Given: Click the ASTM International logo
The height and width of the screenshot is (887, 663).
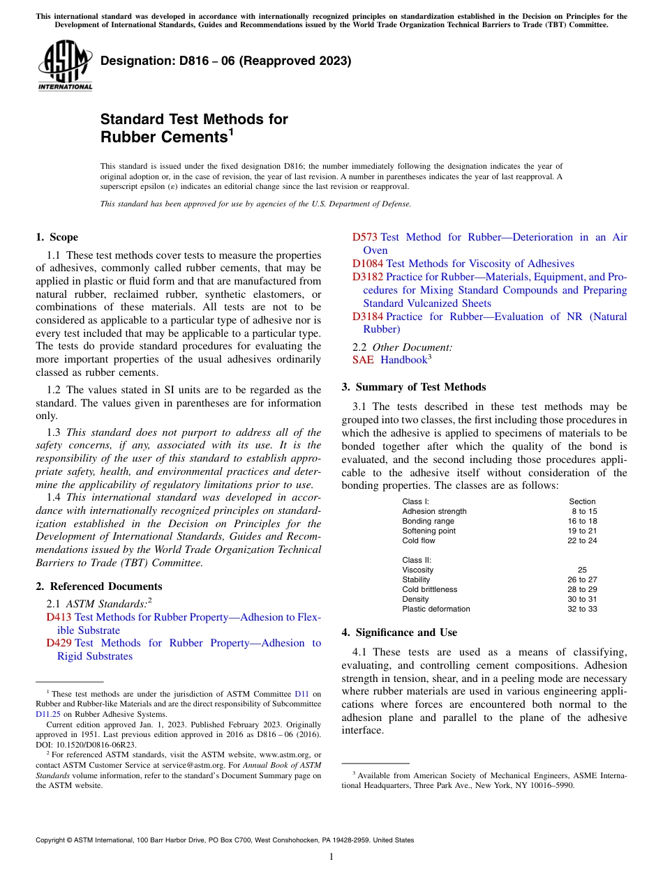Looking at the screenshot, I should tap(64, 65).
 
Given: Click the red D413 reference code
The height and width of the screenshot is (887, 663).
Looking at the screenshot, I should tap(59, 617).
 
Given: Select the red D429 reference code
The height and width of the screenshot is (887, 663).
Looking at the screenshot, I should tap(59, 643).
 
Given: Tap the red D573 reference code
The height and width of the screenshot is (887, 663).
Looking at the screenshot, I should tap(365, 237).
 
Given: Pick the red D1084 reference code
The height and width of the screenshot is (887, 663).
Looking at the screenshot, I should tap(368, 264).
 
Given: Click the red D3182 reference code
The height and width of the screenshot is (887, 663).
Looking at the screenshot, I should tap(368, 277).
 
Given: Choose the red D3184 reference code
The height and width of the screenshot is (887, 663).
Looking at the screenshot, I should tap(368, 317).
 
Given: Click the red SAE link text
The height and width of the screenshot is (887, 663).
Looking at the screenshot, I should tap(363, 360).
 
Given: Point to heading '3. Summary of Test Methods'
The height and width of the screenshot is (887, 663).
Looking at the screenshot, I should tap(414, 387).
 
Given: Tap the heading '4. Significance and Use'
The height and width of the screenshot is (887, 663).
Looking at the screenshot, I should tap(399, 632).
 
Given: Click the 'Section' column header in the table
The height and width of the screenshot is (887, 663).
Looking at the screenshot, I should tap(582, 501).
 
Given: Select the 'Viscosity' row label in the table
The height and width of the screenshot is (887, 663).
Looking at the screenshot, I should tap(417, 570).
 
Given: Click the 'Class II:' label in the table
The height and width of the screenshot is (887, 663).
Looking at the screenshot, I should tap(417, 560).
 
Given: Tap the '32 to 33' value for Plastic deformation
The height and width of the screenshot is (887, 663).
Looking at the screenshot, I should tap(582, 609).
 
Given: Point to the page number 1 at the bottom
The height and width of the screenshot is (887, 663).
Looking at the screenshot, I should tap(331, 857).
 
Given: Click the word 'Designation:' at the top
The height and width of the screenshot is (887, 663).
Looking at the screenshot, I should tap(133, 61).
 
